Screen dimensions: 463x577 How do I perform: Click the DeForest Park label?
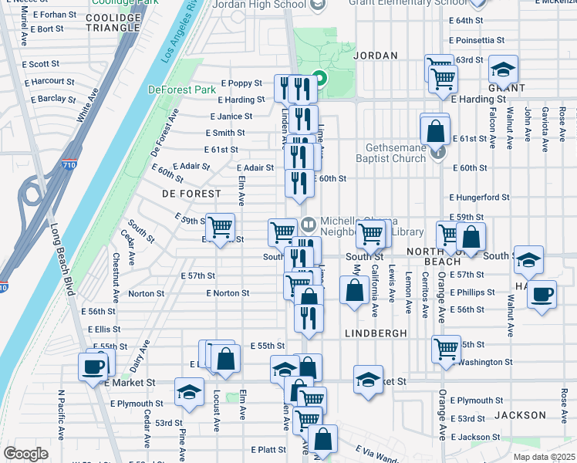coord(182,90)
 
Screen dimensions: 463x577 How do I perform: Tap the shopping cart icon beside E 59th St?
coord(221,227)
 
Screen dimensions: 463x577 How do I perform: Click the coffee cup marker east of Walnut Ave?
coord(542,294)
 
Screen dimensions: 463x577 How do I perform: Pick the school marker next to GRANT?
coord(503,70)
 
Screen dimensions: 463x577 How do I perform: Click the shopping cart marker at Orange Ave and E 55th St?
coord(447,348)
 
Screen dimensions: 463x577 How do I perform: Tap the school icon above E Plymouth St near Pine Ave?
coord(189,391)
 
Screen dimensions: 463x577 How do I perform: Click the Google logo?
coord(25,454)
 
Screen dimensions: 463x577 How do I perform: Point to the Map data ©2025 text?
coord(545,457)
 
